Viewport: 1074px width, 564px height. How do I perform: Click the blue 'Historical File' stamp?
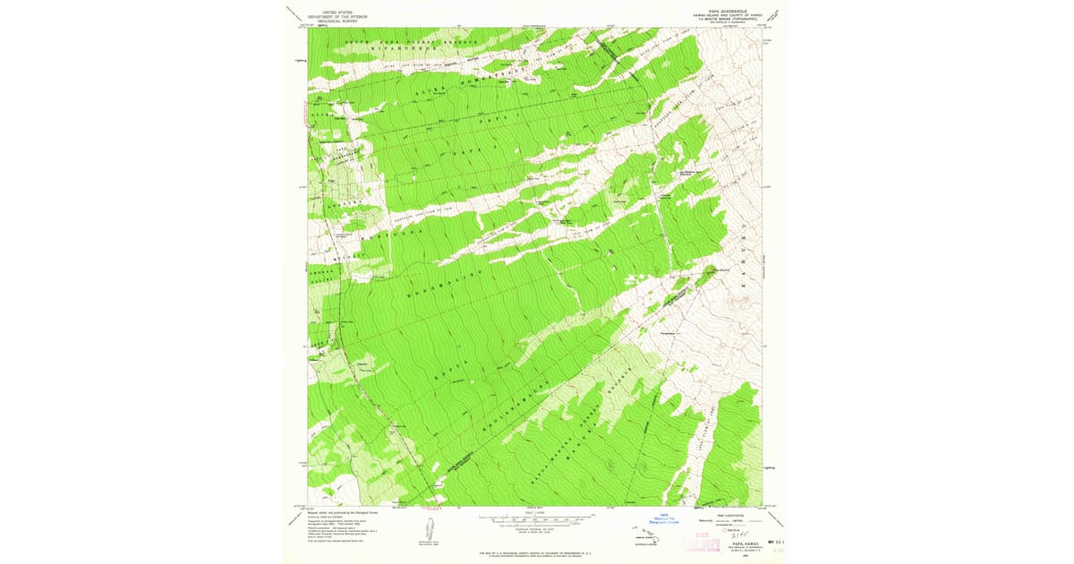point(666,517)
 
